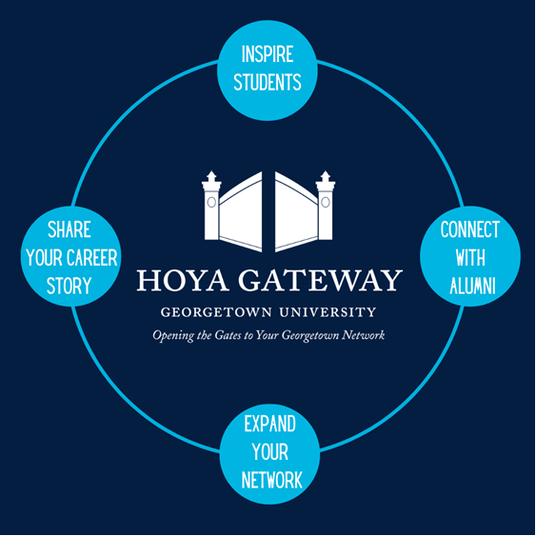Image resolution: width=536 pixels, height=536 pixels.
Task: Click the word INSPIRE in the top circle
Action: [268, 54]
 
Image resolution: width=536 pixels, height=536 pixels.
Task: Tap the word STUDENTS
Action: [268, 82]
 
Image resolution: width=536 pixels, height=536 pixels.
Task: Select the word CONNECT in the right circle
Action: [470, 229]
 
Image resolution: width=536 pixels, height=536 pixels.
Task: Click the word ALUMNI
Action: [473, 286]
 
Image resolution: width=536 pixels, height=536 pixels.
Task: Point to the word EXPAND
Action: [270, 424]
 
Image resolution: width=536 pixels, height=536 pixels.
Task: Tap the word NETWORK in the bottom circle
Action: [271, 480]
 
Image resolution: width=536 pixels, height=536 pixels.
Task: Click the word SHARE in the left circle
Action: [69, 229]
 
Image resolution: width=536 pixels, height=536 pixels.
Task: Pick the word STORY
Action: [69, 286]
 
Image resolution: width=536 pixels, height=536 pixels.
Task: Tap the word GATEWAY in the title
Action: [320, 280]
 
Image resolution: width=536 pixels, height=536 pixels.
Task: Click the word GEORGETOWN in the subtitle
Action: [216, 312]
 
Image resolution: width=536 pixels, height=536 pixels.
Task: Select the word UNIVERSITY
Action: [328, 312]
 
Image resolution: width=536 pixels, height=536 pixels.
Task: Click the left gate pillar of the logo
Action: [211, 206]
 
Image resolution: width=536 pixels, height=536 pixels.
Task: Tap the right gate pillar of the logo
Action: [326, 206]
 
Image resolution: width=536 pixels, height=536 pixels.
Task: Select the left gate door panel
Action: [241, 212]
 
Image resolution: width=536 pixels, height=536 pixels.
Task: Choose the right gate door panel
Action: [297, 212]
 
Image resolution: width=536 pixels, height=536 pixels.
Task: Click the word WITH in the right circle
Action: [470, 258]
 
